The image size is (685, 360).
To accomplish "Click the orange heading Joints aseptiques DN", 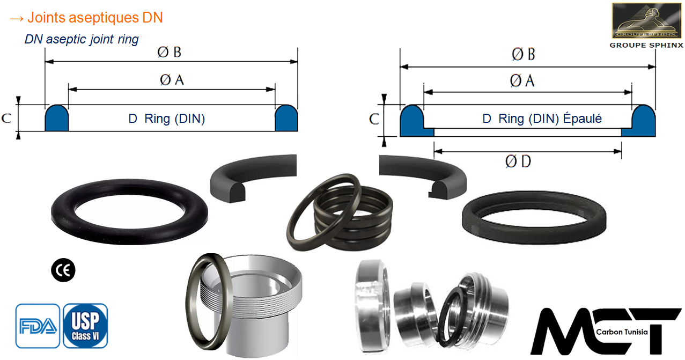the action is tap(95, 17).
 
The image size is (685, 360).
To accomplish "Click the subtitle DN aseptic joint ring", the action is tap(82, 40).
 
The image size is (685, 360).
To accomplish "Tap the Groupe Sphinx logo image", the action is tap(646, 20).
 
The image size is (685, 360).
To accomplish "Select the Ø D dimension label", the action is tap(518, 161).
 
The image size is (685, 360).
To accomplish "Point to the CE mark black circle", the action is tap(63, 270).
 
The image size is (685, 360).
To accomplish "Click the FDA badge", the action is tap(38, 326).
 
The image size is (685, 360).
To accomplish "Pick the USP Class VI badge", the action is tap(85, 326).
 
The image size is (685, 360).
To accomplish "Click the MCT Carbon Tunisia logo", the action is tap(606, 331).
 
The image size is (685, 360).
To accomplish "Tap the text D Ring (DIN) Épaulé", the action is tap(542, 119).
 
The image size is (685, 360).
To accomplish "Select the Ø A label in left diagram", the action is tap(172, 80).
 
